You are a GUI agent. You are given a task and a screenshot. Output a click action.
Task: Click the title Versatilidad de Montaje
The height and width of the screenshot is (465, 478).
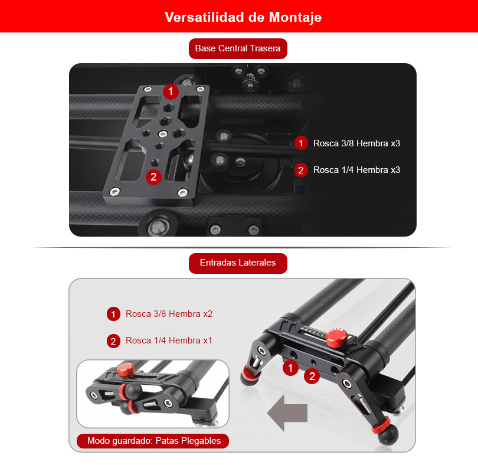[x=243, y=17]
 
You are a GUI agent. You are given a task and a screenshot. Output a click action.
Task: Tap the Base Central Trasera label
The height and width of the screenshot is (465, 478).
[x=238, y=48]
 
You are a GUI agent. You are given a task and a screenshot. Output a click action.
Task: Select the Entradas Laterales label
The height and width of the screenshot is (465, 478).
[x=238, y=263]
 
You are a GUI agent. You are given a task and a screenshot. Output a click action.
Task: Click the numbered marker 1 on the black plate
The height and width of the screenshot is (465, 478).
[x=171, y=91]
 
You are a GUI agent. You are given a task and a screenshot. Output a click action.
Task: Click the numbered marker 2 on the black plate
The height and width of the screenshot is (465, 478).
[x=153, y=177]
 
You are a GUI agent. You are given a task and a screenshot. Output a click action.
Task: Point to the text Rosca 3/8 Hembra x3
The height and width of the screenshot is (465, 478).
[x=356, y=143]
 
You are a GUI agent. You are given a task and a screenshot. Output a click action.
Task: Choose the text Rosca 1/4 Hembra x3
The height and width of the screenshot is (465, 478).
[x=356, y=170]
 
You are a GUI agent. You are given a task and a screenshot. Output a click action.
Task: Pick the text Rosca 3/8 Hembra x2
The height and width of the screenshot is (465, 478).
[x=169, y=314]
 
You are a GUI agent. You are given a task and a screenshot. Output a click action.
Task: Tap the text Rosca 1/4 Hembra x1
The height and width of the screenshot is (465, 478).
[x=169, y=340]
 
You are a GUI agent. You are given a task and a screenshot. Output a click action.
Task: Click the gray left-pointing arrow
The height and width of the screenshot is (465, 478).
[x=287, y=413]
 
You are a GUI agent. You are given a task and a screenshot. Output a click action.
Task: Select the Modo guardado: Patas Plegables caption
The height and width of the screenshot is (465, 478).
[x=153, y=441]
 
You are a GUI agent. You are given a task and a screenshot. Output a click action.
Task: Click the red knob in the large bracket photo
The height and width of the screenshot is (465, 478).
[x=336, y=338]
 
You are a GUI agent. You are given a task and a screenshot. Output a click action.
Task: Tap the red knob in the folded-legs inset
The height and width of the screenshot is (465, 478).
[x=126, y=370]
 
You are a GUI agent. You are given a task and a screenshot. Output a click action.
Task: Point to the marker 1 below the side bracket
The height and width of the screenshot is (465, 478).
[x=290, y=368]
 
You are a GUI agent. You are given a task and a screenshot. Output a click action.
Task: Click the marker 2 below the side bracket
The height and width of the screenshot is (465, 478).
[x=312, y=376]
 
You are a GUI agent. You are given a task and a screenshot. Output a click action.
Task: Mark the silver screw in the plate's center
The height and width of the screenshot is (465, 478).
[x=163, y=133]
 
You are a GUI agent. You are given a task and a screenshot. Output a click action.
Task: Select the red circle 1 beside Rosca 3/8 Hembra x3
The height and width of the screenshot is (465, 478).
[x=301, y=143]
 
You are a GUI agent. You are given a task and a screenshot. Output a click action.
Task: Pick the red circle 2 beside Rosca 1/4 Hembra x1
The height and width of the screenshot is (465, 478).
[x=113, y=341]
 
